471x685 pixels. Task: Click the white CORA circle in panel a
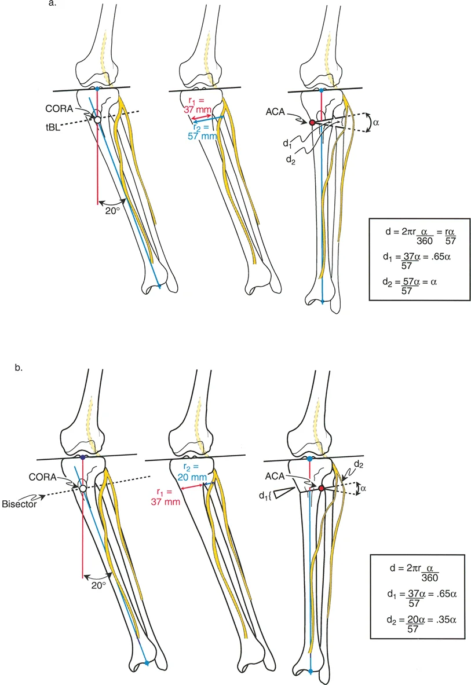(x=97, y=119)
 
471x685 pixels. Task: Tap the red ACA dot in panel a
(x=312, y=123)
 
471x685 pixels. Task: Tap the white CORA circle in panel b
(x=83, y=488)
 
